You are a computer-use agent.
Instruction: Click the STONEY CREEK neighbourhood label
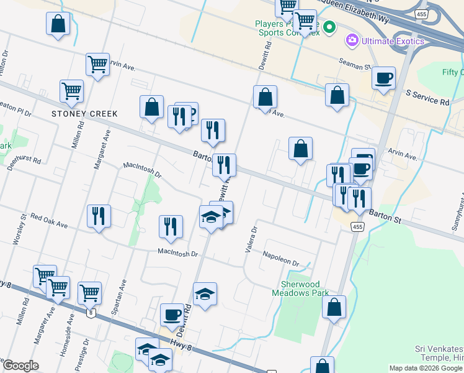(x=84, y=114)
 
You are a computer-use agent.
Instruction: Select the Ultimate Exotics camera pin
(x=352, y=41)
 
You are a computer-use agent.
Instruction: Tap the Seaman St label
(x=354, y=63)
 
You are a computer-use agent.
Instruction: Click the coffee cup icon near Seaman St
(x=383, y=78)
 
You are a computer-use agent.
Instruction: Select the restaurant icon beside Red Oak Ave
(x=99, y=216)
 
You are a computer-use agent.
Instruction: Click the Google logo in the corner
(x=20, y=366)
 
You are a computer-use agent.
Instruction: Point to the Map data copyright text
(x=426, y=368)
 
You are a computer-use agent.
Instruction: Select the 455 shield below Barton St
(x=356, y=227)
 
